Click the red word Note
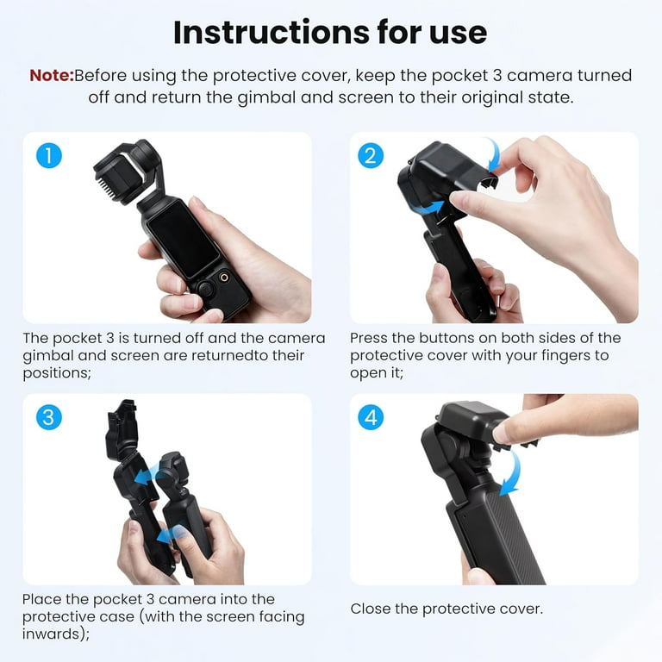[x=51, y=75]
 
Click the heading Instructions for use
[x=330, y=32]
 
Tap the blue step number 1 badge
[x=49, y=156]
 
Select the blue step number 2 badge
[x=370, y=156]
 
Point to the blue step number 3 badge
[x=49, y=418]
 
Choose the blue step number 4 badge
[x=370, y=418]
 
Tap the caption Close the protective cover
[x=446, y=609]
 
